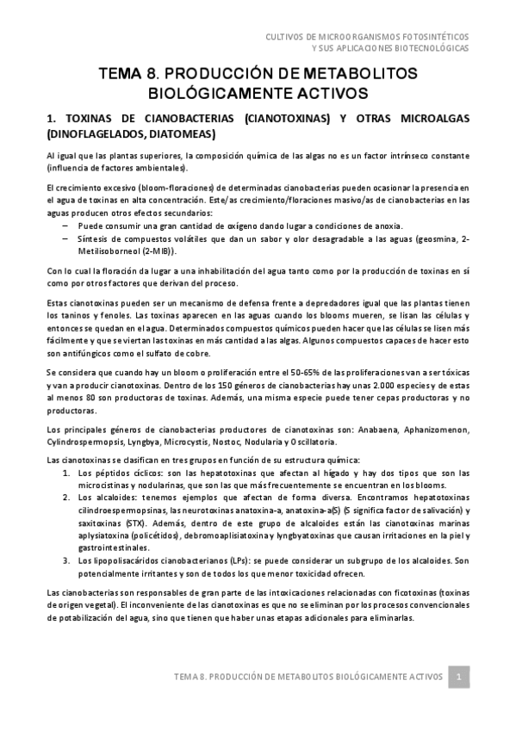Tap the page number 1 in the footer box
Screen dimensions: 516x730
coord(460,677)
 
